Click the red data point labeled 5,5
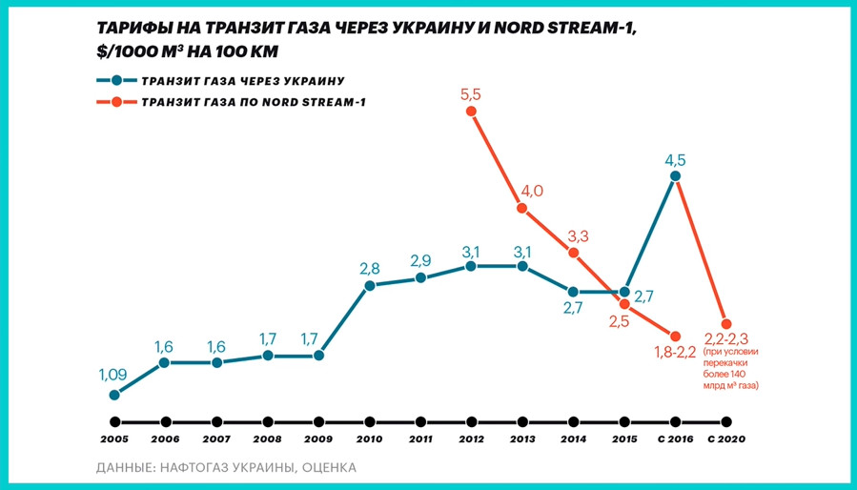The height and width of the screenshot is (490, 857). (x=471, y=112)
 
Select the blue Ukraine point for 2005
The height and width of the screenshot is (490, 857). (x=114, y=395)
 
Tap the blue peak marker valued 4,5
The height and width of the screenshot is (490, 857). (x=675, y=175)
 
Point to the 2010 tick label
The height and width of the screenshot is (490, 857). (x=369, y=440)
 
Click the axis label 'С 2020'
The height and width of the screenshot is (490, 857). (x=725, y=440)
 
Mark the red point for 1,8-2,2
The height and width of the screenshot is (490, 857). (x=675, y=337)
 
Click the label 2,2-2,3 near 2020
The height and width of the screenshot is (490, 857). (x=727, y=339)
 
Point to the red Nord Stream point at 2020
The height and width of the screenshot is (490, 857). (x=726, y=323)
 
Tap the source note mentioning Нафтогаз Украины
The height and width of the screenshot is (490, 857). (x=227, y=468)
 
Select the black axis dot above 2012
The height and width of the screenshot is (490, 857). (x=471, y=421)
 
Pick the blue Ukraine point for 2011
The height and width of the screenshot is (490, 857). (x=420, y=278)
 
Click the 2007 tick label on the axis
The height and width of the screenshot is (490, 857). (x=216, y=440)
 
